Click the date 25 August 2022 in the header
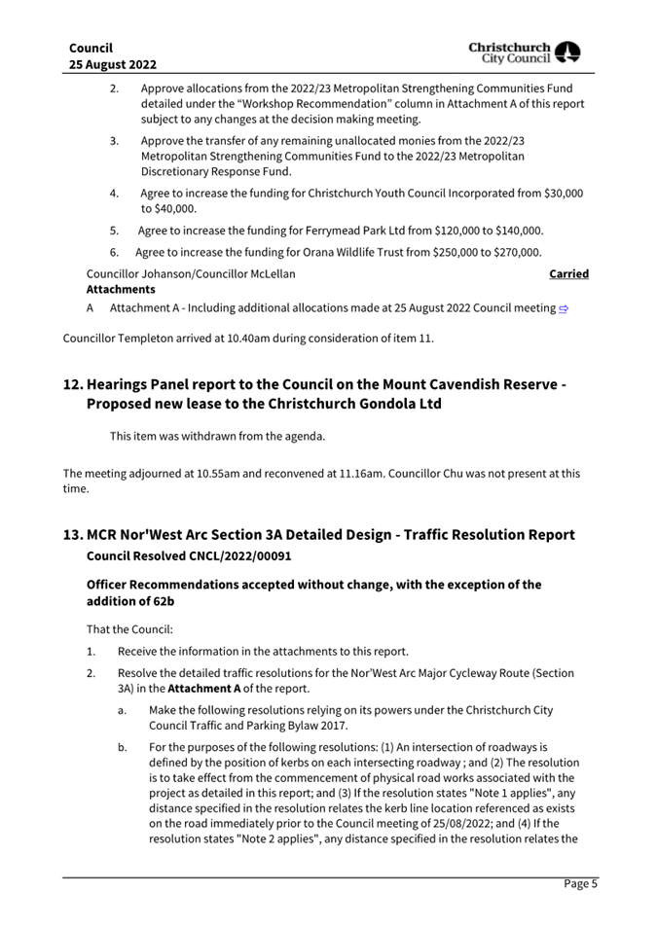[x=114, y=64]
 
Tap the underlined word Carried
[x=568, y=274]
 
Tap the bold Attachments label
[x=121, y=289]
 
